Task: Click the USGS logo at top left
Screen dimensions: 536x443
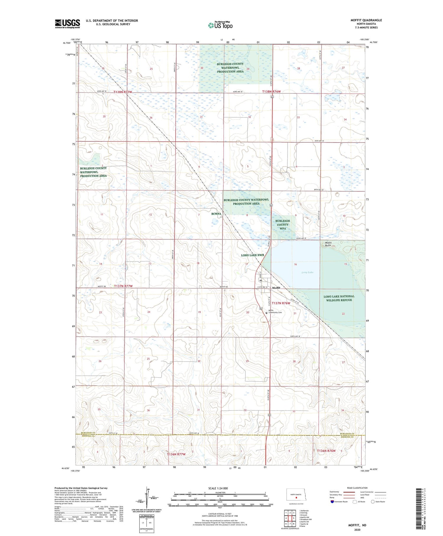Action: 67,24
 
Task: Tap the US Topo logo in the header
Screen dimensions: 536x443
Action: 220,25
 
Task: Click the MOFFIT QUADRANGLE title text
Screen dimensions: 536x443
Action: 366,20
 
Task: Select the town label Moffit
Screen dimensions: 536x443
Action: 276,288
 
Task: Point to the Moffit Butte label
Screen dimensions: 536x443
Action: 326,244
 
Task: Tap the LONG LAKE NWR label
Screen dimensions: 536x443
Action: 252,255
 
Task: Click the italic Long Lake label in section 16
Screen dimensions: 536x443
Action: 307,272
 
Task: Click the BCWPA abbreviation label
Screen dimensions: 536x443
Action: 216,214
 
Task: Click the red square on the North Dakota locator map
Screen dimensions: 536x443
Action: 296,497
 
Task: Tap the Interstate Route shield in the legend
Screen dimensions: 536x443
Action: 332,501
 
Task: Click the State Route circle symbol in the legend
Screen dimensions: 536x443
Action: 373,501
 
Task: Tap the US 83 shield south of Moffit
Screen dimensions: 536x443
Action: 261,309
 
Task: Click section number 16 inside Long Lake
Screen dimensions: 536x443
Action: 295,264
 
